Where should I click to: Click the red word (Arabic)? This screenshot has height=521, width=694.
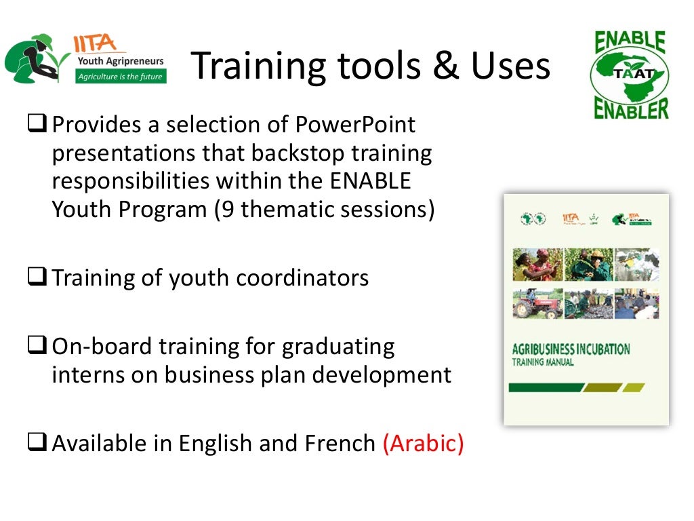click(423, 443)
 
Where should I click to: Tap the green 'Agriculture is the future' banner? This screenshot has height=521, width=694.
click(120, 77)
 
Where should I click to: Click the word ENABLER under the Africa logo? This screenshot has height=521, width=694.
click(631, 109)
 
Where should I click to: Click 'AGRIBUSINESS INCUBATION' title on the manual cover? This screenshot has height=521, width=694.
click(571, 350)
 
